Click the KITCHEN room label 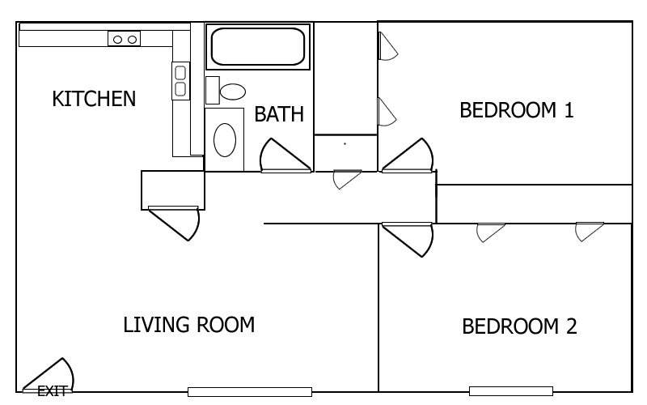94,99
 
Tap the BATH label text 279,114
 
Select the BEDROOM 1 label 517,110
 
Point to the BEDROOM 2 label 519,326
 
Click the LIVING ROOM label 189,325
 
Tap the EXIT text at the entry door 52,391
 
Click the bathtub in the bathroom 258,47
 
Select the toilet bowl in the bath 233,92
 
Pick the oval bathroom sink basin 225,139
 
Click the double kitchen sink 180,81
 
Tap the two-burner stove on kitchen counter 125,39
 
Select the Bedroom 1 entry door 408,155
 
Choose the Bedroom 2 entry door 408,240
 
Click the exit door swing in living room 49,375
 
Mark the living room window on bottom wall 250,392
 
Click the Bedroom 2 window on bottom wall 511,391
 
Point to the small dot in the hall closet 345,144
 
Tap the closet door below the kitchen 174,224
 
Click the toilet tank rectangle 213,90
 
